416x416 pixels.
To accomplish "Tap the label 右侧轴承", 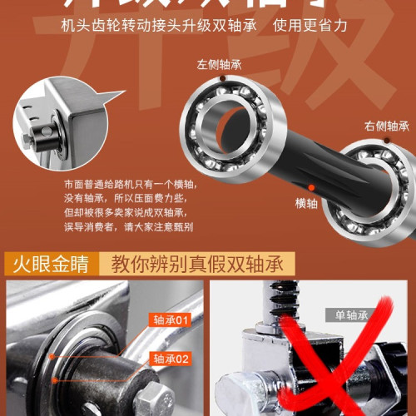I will [386, 126].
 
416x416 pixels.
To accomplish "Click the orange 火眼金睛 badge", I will [47, 265].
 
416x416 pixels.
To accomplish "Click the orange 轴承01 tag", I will [171, 319].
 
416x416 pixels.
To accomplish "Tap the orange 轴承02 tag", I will [171, 359].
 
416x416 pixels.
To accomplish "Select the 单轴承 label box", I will [352, 315].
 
